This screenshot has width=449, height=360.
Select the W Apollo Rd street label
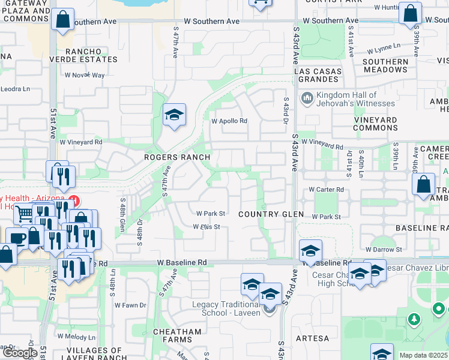tap(229, 121)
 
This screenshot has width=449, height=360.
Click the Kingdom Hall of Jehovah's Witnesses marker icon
tap(307, 97)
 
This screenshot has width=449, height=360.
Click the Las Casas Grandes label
tap(318, 75)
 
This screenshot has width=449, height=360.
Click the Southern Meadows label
tap(385, 65)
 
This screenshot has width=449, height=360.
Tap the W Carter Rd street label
tap(326, 189)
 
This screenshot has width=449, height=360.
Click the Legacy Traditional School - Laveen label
tap(226, 308)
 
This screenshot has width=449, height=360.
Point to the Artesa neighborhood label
tap(312, 339)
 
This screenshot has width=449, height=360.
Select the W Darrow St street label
tap(383, 249)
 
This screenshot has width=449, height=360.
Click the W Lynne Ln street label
tap(384, 47)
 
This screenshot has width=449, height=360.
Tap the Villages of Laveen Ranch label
tap(89, 354)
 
